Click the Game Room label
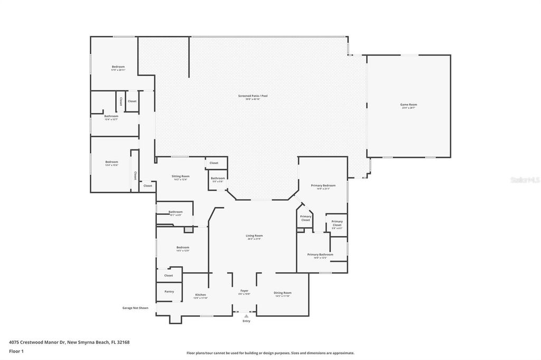[x=408, y=105]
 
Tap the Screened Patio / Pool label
[x=253, y=96]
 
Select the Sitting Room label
[x=180, y=176]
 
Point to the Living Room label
[x=254, y=236]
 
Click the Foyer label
[x=244, y=291]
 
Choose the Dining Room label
[x=282, y=293]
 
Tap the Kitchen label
[x=200, y=295]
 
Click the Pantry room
[x=169, y=291]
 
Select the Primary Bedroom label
[x=322, y=186]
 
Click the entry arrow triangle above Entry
[x=246, y=316]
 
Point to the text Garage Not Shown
[x=135, y=308]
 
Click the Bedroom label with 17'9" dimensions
[x=118, y=67]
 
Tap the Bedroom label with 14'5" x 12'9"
[x=182, y=248]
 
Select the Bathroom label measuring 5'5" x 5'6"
[x=218, y=178]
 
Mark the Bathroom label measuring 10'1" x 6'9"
[x=175, y=212]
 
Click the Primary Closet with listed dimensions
[x=337, y=223]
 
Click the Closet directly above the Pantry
[x=169, y=275]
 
